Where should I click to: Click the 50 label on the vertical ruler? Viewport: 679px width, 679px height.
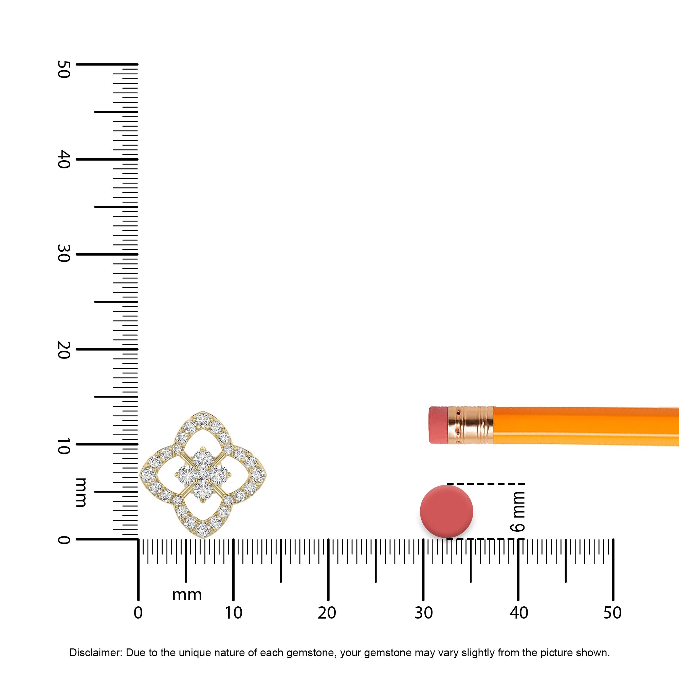[x=63, y=69]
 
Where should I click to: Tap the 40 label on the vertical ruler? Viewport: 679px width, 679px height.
[x=63, y=159]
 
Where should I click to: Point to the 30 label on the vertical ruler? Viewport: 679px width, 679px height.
[x=63, y=254]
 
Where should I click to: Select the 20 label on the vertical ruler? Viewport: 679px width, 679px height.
[x=63, y=350]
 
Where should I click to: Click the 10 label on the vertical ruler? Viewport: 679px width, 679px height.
[x=63, y=446]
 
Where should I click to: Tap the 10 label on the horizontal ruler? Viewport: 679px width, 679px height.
[x=234, y=613]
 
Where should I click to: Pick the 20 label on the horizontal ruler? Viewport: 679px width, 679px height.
[x=327, y=613]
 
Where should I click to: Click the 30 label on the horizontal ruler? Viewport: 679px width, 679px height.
[x=423, y=613]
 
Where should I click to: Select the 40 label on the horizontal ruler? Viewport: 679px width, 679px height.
[x=519, y=613]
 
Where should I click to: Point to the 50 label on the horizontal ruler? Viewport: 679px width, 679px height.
[x=612, y=613]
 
